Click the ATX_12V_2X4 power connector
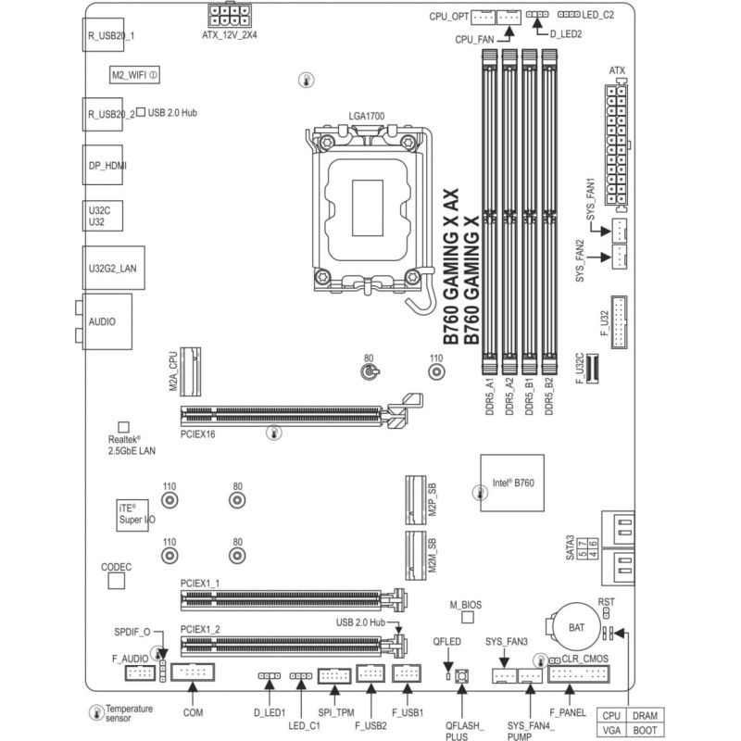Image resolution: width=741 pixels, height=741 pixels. [x=229, y=16]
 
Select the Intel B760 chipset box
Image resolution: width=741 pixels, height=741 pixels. [x=512, y=483]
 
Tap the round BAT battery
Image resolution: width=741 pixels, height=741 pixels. [x=575, y=627]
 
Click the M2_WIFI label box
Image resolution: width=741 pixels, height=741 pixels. [x=134, y=75]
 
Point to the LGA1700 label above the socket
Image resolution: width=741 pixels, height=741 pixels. [x=366, y=116]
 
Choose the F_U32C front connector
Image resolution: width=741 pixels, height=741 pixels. [x=592, y=368]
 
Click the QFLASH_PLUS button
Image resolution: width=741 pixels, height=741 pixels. [x=461, y=676]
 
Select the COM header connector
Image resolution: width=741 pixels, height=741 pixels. [x=193, y=672]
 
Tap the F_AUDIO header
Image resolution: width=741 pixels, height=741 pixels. [x=140, y=673]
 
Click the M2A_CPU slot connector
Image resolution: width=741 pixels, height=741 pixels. [x=191, y=371]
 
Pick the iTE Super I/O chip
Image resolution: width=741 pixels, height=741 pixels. [x=132, y=515]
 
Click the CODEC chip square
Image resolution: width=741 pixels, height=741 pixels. [x=117, y=581]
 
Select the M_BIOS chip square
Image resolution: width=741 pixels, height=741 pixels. [x=468, y=617]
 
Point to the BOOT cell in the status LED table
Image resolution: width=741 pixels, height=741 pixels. [x=645, y=730]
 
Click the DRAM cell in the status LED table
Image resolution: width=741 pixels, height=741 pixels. [x=645, y=715]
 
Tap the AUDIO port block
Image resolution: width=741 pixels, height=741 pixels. [x=107, y=321]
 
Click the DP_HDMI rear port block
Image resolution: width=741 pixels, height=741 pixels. [x=103, y=165]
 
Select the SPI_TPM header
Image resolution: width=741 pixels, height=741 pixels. [x=334, y=676]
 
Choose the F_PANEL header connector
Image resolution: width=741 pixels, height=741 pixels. [x=579, y=674]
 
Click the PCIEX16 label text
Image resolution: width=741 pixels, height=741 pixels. [x=197, y=433]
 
